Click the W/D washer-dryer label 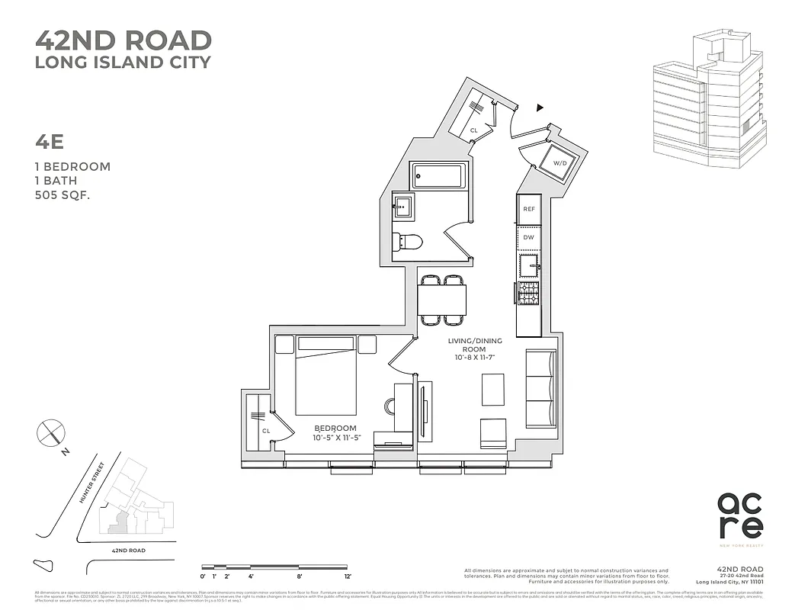[560, 163]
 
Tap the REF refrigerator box [528, 208]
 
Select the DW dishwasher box [528, 238]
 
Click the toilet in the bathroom [409, 242]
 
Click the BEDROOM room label [335, 428]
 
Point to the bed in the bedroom [325, 376]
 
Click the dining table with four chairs [442, 298]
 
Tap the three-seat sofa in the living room [540, 388]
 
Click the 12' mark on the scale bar [347, 576]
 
